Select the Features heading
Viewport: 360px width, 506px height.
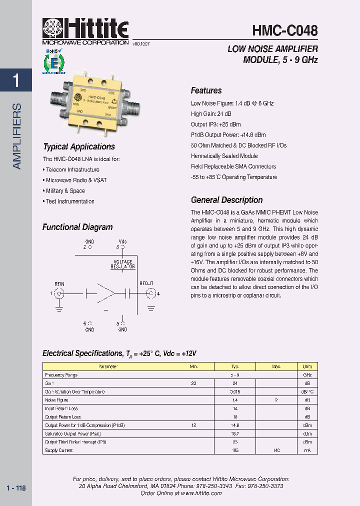206,90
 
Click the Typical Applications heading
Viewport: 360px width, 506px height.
79,146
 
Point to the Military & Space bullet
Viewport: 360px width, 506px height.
65,191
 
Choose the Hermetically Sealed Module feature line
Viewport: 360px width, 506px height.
224,156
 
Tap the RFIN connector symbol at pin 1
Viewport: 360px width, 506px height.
59,293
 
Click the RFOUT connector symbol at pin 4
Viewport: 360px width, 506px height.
149,293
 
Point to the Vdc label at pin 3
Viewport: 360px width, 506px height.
122,241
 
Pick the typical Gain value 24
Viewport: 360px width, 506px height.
234,383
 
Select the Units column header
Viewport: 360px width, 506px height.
307,366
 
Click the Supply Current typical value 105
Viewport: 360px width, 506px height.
234,450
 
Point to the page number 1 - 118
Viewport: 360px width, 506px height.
16,488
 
